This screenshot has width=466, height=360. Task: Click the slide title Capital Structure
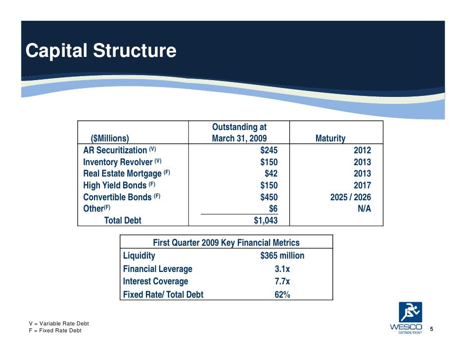[x=100, y=51]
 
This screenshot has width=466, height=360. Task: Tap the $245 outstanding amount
[x=269, y=150]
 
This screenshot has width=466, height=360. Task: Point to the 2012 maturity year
[x=362, y=150]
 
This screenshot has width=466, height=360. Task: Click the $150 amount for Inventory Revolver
[x=269, y=162]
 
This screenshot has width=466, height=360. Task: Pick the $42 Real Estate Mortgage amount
[x=271, y=174]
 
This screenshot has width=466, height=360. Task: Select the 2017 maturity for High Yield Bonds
[x=362, y=186]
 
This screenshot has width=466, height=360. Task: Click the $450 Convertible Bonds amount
[x=269, y=197]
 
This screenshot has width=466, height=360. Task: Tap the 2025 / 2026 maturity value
[x=350, y=197]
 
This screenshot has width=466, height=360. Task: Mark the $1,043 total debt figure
[x=265, y=221]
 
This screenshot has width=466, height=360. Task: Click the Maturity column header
[x=330, y=138]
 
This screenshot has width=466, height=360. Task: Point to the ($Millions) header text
[x=110, y=138]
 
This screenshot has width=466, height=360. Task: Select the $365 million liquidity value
[x=282, y=256]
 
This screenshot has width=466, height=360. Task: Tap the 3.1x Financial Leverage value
[x=282, y=270]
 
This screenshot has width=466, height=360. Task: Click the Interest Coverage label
[x=155, y=282]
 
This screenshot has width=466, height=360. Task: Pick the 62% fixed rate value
[x=282, y=295]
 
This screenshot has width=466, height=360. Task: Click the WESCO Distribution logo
[x=406, y=318]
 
